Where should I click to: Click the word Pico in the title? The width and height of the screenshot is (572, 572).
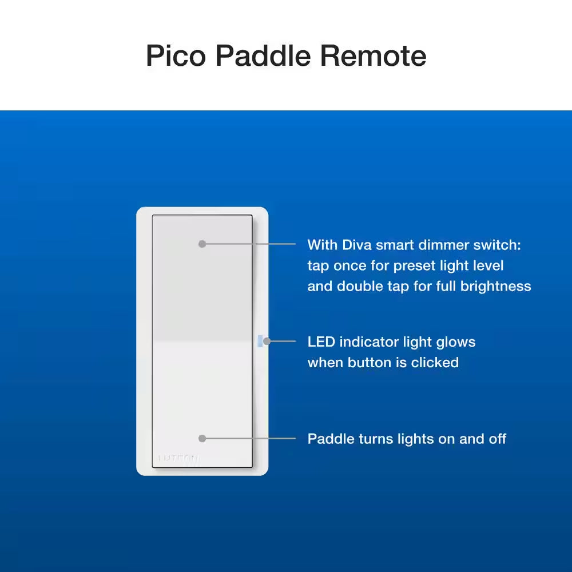176,56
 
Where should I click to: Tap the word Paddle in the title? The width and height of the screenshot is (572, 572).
264,56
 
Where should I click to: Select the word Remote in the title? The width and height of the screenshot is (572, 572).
373,56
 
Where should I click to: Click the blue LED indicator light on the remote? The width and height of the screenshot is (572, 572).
260,341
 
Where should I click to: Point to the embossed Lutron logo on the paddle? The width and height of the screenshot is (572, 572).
178,458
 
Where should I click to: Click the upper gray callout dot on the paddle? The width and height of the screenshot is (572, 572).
202,244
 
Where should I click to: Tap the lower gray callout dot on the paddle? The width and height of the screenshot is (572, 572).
202,438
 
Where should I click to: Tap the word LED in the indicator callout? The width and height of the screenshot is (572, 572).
321,342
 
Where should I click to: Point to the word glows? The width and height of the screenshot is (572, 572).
455,342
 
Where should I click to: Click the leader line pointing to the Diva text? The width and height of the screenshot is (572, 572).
252,244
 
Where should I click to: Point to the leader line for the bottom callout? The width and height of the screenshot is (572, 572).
252,438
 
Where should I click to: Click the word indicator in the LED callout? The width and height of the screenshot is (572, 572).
374,342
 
